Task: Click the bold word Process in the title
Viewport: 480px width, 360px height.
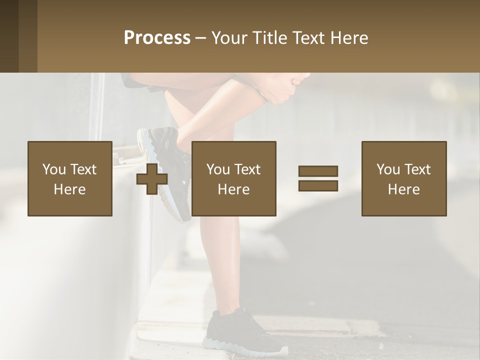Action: pos(157,38)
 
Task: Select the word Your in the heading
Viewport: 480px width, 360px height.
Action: pos(228,38)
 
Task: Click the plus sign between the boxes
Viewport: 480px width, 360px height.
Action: pos(152,179)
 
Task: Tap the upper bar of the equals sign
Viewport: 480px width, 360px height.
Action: pos(318,171)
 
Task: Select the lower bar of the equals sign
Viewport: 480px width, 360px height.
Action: pos(318,186)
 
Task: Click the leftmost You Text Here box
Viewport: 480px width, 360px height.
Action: pos(70,178)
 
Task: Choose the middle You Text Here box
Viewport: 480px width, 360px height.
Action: pos(234,178)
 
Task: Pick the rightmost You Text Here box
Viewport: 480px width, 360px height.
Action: pos(404,178)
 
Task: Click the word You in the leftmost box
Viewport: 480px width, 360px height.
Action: pos(53,169)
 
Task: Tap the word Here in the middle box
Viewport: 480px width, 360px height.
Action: pos(234,189)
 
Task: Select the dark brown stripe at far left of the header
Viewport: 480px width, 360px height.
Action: pos(9,36)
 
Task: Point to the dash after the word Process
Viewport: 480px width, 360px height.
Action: pos(200,38)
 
